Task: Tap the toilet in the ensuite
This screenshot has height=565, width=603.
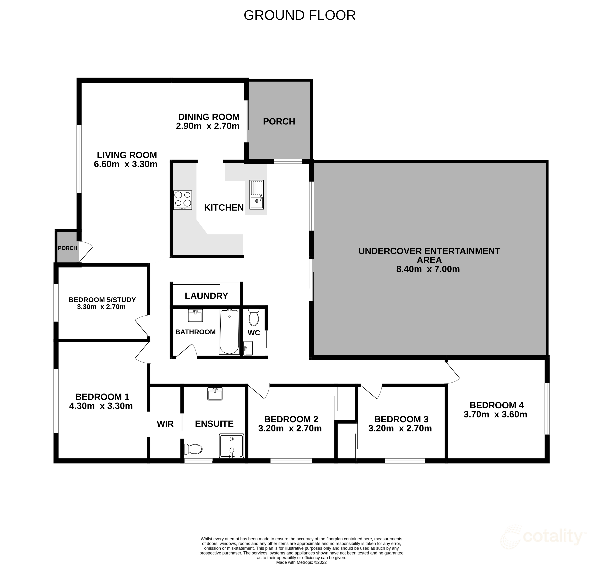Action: click(193, 449)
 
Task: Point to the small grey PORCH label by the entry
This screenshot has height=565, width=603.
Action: click(67, 248)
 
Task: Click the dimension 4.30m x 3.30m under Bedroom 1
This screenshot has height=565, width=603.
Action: click(101, 406)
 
